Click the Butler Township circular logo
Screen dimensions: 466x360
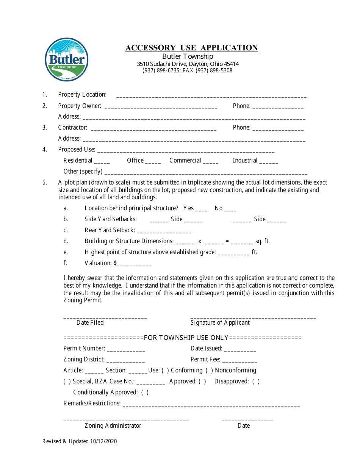click(67, 60)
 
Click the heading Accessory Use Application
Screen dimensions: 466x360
click(191, 48)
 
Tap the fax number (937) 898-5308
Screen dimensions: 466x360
click(214, 70)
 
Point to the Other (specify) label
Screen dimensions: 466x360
click(83, 171)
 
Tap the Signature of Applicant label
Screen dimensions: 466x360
click(220, 322)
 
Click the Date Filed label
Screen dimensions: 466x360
click(90, 322)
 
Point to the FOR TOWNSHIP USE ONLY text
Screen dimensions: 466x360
click(186, 338)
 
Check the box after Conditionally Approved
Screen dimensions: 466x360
click(145, 392)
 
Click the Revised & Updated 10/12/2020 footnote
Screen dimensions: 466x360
click(80, 441)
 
